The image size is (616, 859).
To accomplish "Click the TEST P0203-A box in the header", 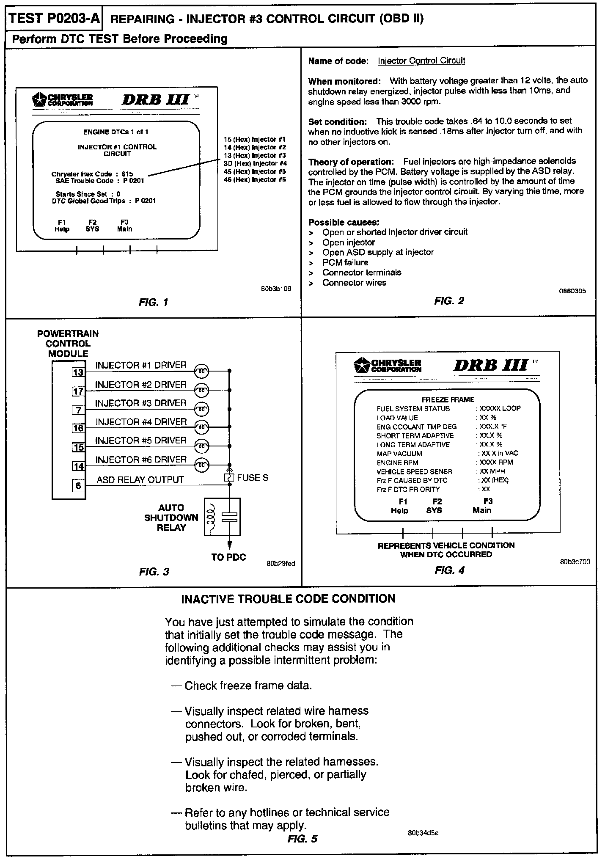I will [54, 19].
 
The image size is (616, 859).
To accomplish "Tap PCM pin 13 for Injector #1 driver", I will [78, 372].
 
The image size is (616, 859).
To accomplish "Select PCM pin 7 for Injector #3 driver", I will [78, 410].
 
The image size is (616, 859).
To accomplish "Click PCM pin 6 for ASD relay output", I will [78, 485].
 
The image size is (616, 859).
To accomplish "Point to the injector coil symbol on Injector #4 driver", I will [202, 428].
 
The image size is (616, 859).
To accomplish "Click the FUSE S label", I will [253, 478].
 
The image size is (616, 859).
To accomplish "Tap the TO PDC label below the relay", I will [228, 557].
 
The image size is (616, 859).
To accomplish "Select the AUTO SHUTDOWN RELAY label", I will [171, 518].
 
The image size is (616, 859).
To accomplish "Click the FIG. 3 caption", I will [154, 572].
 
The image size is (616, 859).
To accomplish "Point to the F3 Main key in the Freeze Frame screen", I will [482, 506].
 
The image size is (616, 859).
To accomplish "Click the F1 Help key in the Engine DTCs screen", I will [62, 226].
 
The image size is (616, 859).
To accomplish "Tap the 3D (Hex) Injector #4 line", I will [255, 163].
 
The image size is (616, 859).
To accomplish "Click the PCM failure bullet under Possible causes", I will [345, 262].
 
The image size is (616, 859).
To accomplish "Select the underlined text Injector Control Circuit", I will [421, 61].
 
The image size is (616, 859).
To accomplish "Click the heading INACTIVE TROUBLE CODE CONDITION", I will [288, 599].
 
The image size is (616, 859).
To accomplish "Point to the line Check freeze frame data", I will [248, 686].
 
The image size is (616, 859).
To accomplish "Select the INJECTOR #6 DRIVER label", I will [141, 460].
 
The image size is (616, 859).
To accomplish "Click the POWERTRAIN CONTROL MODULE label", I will [68, 344].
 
